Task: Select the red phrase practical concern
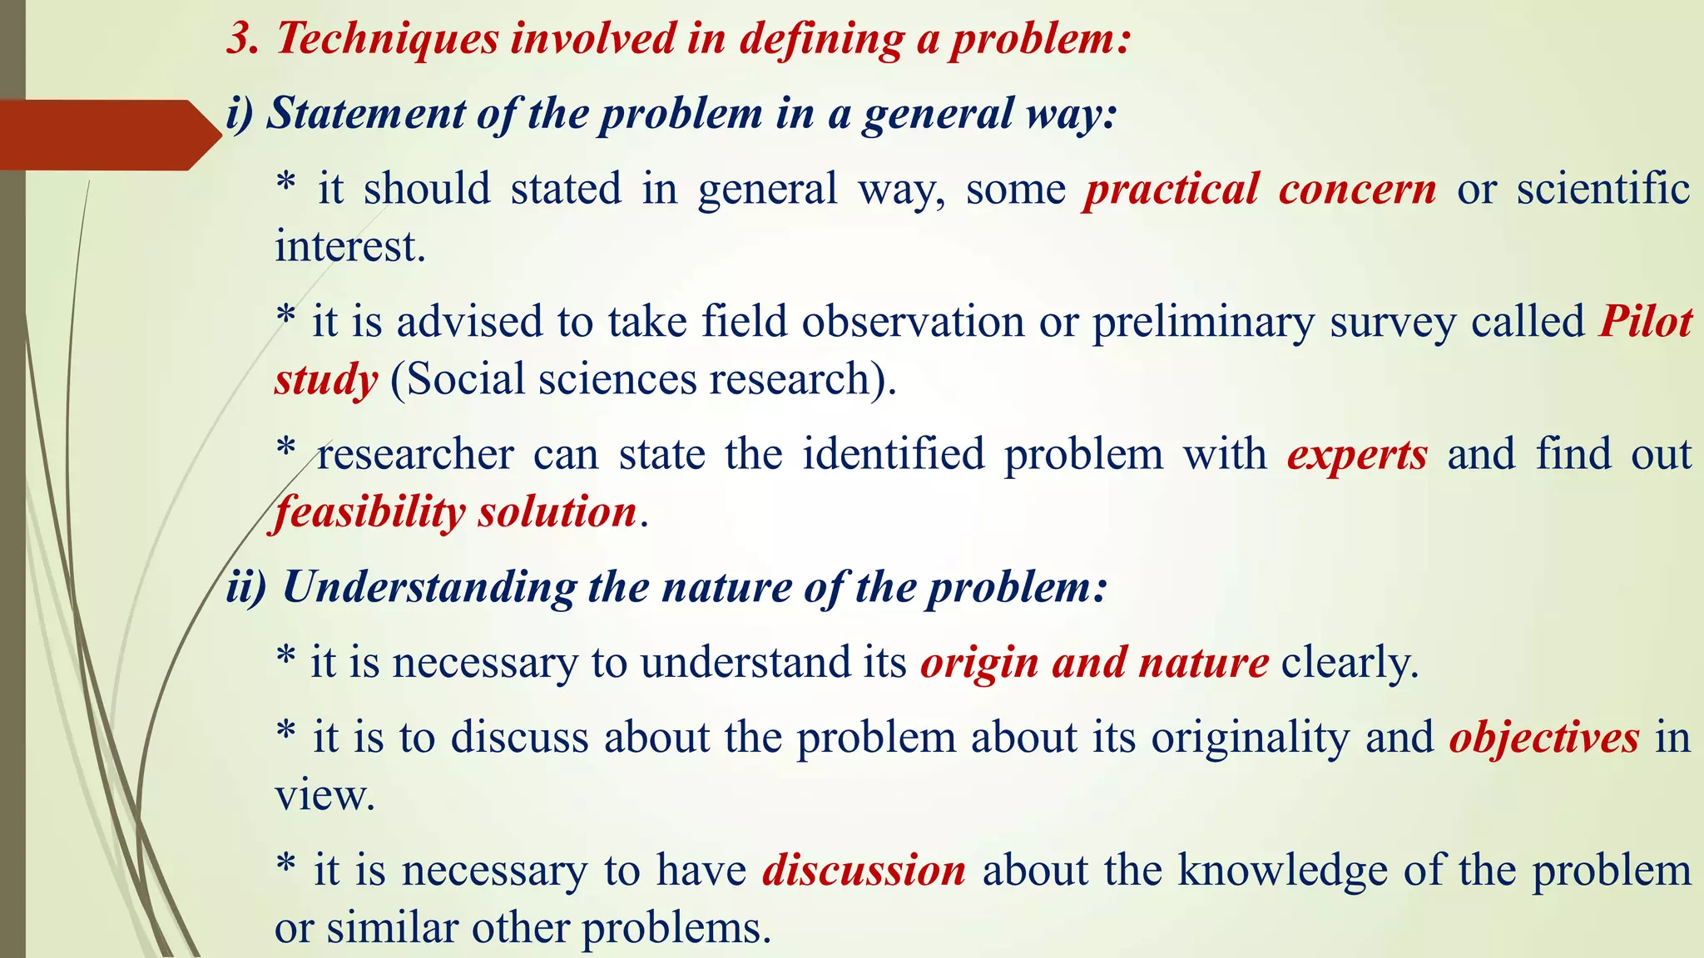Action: tap(1260, 190)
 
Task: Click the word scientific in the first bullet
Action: tap(1602, 188)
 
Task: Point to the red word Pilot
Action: tap(1645, 322)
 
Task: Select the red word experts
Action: tap(1357, 455)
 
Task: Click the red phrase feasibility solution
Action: tap(456, 512)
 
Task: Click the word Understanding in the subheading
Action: tap(428, 588)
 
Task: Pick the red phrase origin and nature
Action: tap(1094, 664)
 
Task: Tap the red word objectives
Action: tap(1543, 738)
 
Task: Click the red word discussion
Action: tap(864, 871)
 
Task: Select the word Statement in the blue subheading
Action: tap(365, 114)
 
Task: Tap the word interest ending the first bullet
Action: tap(349, 247)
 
